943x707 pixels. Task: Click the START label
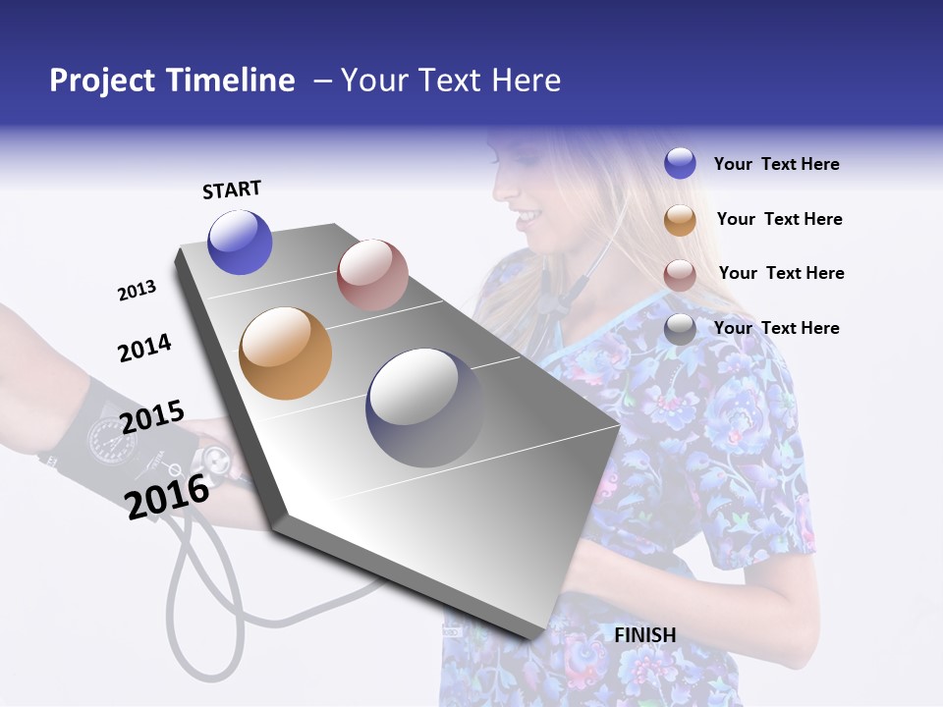[232, 190]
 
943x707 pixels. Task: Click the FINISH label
[645, 635]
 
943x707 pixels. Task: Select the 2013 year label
[137, 291]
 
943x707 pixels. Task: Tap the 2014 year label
[144, 348]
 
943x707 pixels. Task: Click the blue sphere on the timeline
[240, 242]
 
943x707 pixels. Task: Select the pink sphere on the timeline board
[372, 274]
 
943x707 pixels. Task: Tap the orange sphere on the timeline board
[285, 353]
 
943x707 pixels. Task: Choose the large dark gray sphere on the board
[424, 408]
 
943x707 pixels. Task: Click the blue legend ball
[680, 163]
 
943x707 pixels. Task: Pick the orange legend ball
[680, 220]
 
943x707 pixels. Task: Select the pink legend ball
[680, 275]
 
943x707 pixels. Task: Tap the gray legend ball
[680, 329]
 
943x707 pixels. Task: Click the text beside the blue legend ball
[776, 164]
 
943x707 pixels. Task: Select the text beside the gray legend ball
[776, 328]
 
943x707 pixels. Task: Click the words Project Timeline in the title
[172, 81]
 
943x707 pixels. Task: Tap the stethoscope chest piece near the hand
[215, 458]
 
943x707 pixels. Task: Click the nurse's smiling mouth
[527, 215]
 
